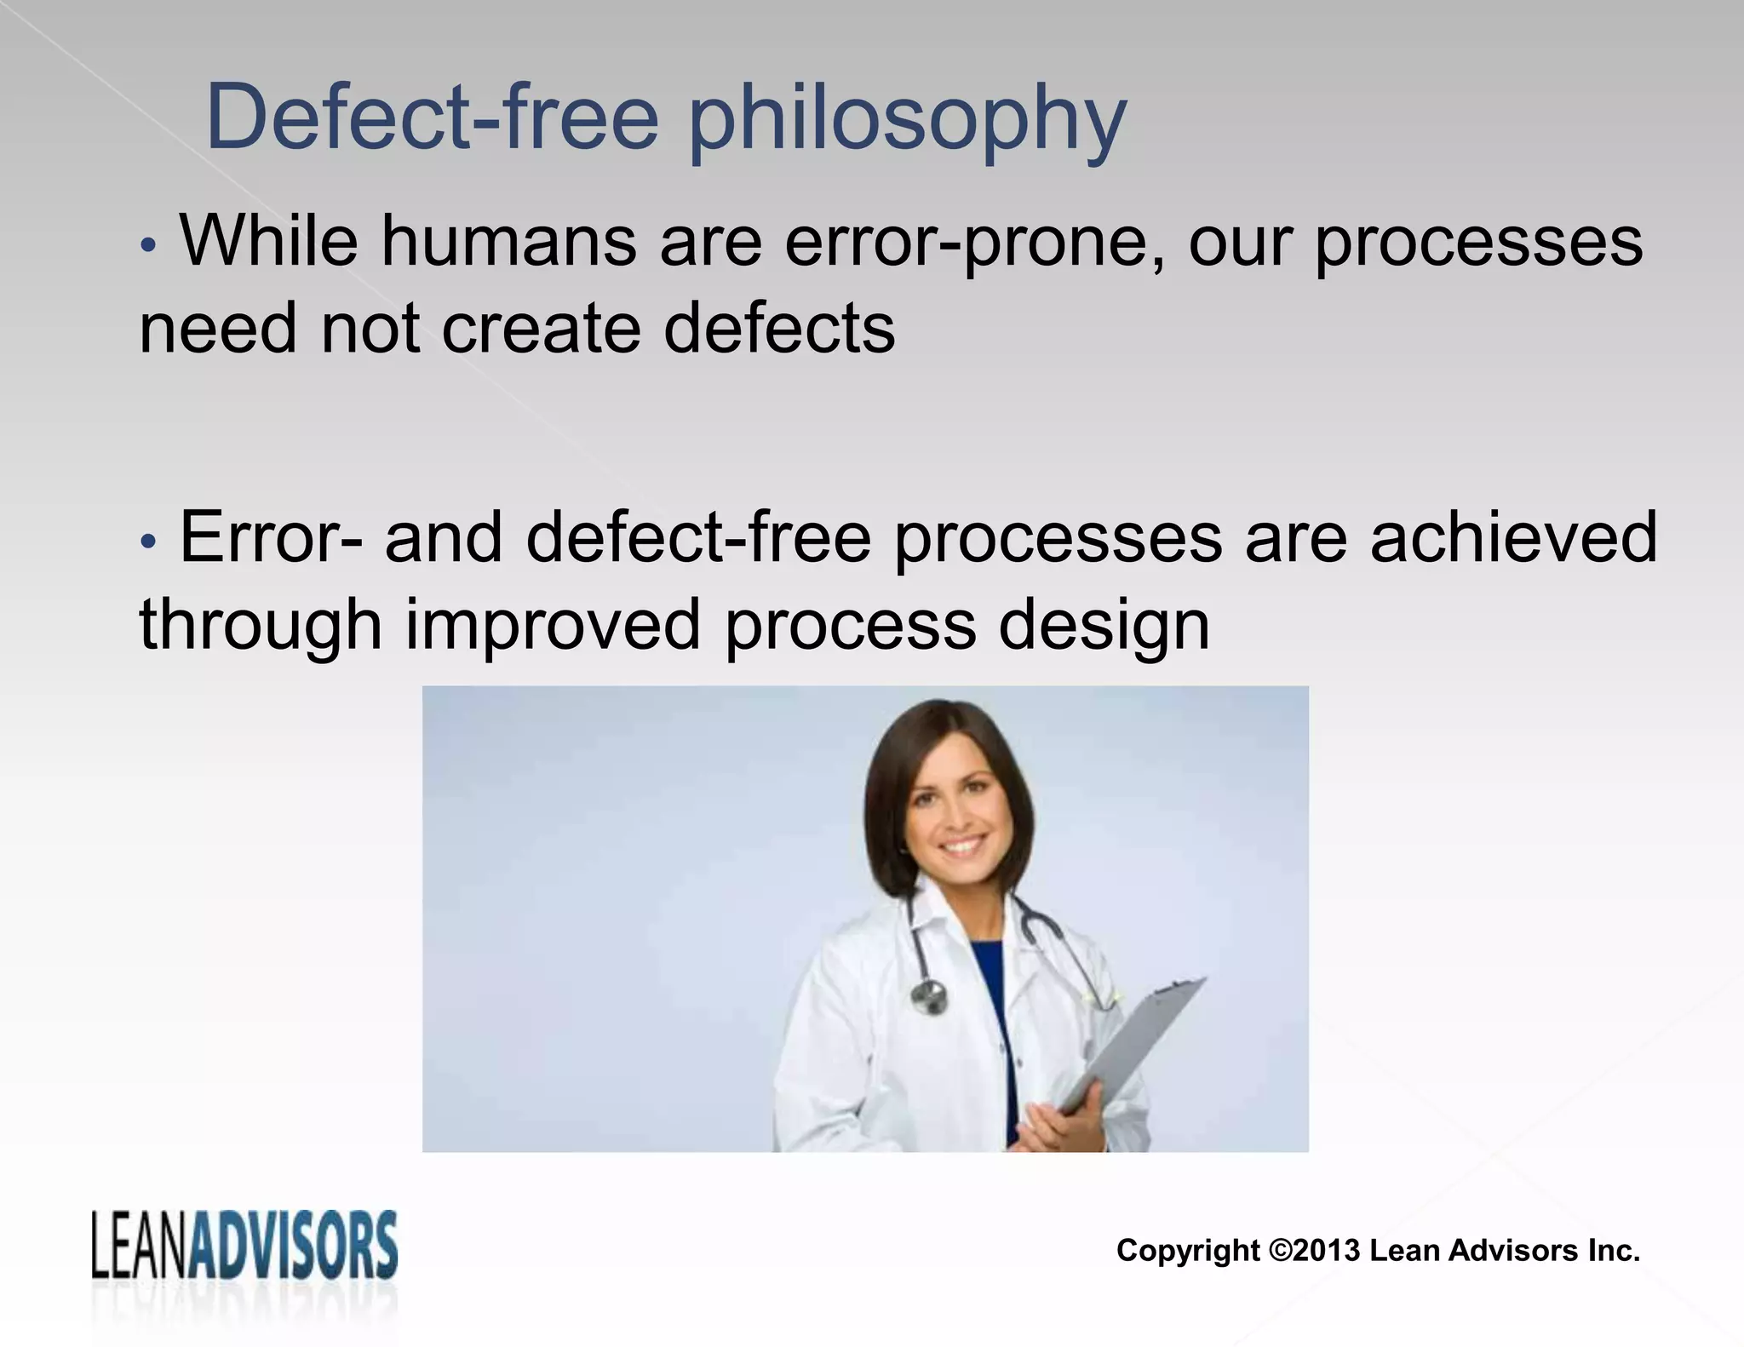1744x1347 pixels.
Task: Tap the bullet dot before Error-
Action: coord(148,541)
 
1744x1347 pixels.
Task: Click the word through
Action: coord(260,626)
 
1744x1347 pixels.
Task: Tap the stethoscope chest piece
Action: coord(929,994)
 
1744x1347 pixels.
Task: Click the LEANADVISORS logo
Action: coord(244,1248)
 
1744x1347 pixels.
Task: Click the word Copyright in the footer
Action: coord(1188,1251)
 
